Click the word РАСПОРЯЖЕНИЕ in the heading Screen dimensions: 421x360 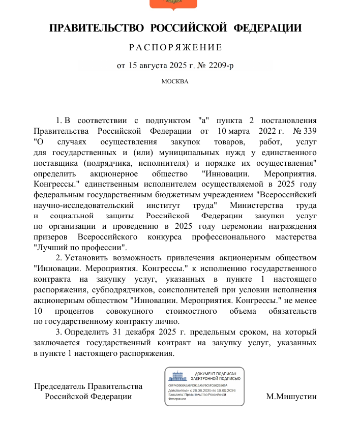(x=175, y=48)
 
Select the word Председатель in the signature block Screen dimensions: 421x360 (x=59, y=386)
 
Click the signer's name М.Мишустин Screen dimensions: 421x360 (x=291, y=397)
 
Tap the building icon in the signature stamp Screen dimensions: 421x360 (x=178, y=377)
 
